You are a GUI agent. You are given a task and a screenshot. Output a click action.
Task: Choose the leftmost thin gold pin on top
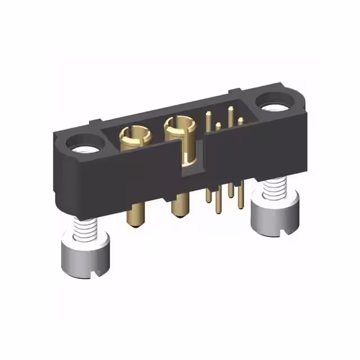[x=209, y=119]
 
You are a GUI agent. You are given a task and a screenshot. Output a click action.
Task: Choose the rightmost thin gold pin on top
[x=240, y=121]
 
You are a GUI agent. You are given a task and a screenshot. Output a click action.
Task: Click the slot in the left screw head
[x=93, y=274]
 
